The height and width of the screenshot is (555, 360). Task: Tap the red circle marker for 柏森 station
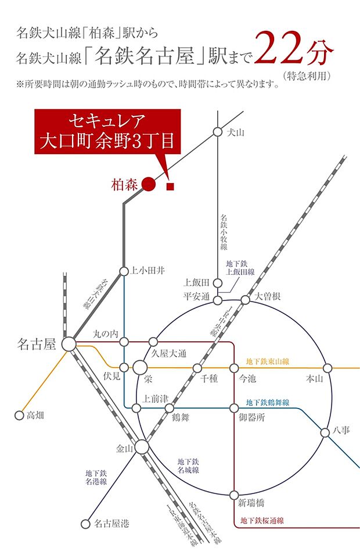pyautogui.click(x=149, y=185)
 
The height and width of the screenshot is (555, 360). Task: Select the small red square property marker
pyautogui.click(x=171, y=187)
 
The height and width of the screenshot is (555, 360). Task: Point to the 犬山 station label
pyautogui.click(x=236, y=133)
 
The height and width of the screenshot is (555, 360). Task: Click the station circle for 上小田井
pyautogui.click(x=124, y=271)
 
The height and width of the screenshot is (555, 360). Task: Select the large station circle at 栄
pyautogui.click(x=140, y=368)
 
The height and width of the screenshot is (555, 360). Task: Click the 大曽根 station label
pyautogui.click(x=268, y=296)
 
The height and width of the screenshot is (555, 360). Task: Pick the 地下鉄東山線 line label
pyautogui.click(x=268, y=361)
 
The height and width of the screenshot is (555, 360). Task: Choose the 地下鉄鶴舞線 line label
pyautogui.click(x=268, y=402)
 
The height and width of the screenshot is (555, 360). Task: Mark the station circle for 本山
pyautogui.click(x=327, y=368)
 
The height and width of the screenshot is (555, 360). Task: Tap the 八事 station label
pyautogui.click(x=341, y=431)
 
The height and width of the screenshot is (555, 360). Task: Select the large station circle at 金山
pyautogui.click(x=142, y=447)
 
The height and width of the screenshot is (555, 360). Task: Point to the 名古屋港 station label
pyautogui.click(x=111, y=524)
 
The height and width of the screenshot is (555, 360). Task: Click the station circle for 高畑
pyautogui.click(x=18, y=416)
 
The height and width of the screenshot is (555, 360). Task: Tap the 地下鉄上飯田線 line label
pyautogui.click(x=237, y=268)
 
